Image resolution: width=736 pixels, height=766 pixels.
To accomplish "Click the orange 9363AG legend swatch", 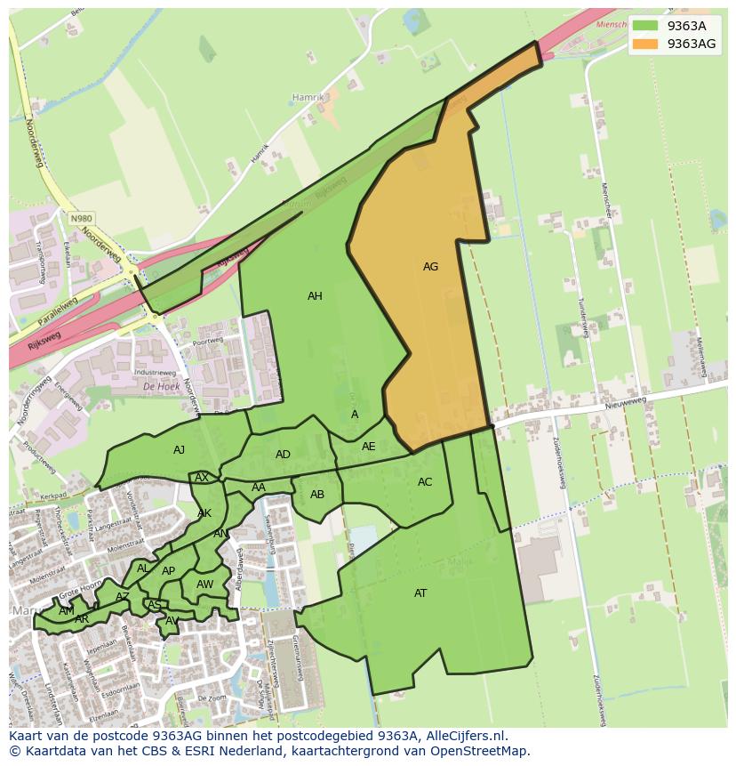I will click(646, 44).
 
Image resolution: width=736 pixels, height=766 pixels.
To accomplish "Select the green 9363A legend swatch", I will click(646, 26).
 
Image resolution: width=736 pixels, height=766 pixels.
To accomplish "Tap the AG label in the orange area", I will click(430, 266).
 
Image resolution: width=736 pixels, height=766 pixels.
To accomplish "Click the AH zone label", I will click(315, 296).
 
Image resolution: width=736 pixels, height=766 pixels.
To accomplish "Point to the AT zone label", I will click(420, 593).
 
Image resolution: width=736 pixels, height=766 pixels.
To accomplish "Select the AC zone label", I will click(425, 482).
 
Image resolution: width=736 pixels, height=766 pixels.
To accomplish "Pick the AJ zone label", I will click(179, 450).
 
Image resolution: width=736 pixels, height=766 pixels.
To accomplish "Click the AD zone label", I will click(283, 455).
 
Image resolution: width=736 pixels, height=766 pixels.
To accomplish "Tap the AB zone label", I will click(317, 495).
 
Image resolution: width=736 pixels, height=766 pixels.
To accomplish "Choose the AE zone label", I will click(368, 447).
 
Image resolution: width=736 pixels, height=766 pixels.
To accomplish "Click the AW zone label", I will click(204, 585).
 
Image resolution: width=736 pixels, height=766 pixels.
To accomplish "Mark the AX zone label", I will click(202, 478).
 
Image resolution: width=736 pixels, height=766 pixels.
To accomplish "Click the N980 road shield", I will click(82, 218).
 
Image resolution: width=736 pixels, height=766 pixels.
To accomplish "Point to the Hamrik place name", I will click(308, 97).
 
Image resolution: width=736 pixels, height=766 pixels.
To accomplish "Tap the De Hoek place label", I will click(161, 387).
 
